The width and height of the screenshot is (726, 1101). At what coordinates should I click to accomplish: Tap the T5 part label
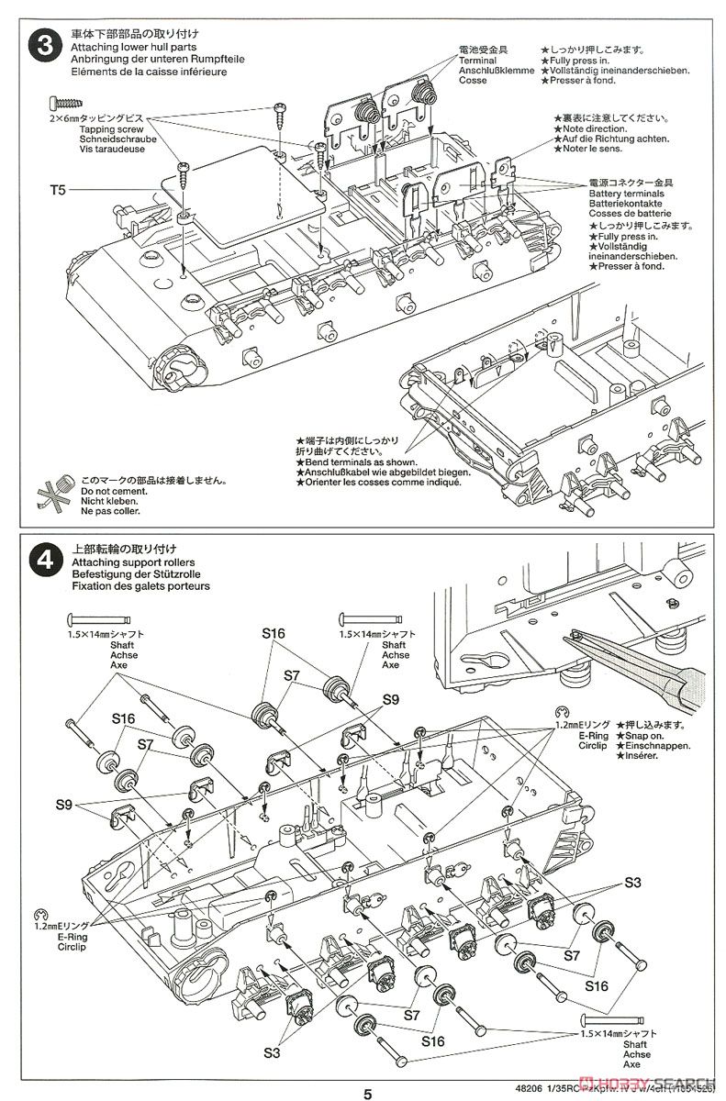pos(58,191)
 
